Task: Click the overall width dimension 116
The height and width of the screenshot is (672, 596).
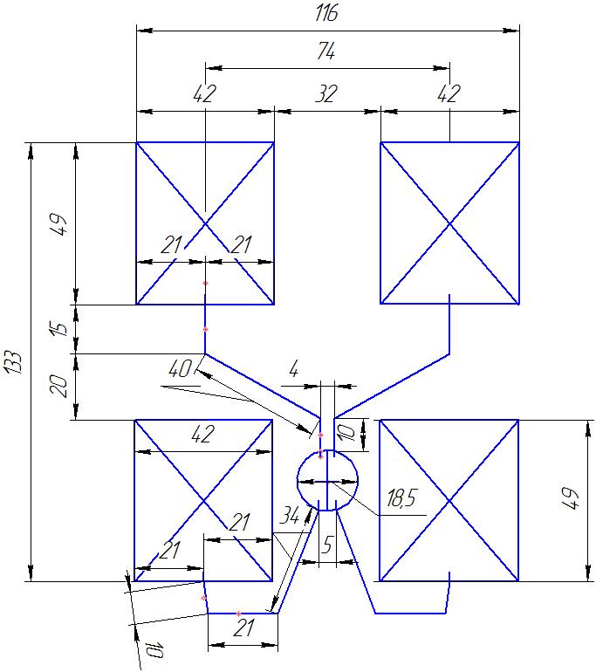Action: click(x=327, y=14)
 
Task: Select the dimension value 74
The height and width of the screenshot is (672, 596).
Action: click(x=327, y=52)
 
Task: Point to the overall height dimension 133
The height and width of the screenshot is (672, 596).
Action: click(x=13, y=359)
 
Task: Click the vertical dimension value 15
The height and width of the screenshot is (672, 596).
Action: click(x=58, y=329)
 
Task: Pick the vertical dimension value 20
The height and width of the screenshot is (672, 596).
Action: click(x=58, y=385)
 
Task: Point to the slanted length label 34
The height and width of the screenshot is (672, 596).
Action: click(x=289, y=516)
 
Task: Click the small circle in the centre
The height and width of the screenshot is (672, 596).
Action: click(x=327, y=480)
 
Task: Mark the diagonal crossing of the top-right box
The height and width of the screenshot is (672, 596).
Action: click(x=449, y=223)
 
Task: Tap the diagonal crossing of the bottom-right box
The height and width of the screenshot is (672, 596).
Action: click(x=449, y=500)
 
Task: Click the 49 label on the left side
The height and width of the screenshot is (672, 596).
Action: click(x=58, y=223)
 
